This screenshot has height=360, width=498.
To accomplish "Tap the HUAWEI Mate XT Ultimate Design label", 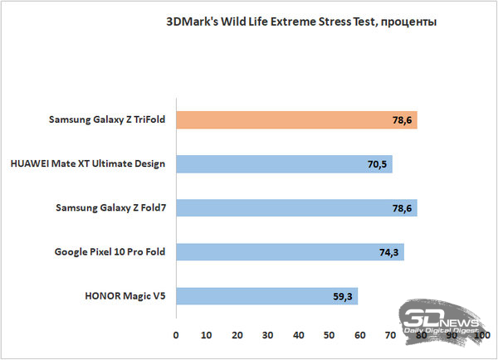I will click(x=89, y=164).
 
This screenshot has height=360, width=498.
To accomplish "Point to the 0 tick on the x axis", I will click(x=176, y=336).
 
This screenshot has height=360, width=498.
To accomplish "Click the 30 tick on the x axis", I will click(x=268, y=336).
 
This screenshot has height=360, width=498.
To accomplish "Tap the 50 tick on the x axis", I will click(x=330, y=336).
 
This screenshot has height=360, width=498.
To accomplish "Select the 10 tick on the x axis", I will click(x=207, y=336).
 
